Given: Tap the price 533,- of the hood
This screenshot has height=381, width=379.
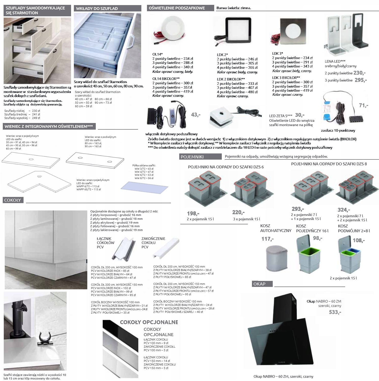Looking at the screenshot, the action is pos(335,312).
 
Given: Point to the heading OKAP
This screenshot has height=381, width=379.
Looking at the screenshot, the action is pos(260,284).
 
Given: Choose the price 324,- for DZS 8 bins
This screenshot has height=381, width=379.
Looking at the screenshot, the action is pos(344,210).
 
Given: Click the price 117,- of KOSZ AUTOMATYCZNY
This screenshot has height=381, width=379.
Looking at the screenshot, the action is pos(267,239).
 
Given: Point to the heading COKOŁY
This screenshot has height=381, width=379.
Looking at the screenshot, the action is pos(12,200).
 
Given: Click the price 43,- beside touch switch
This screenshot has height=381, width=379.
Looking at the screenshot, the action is pos(196,115).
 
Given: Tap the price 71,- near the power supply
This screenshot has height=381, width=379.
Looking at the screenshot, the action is pos(363,105).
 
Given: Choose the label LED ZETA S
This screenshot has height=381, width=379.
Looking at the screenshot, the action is pos(281,116).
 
